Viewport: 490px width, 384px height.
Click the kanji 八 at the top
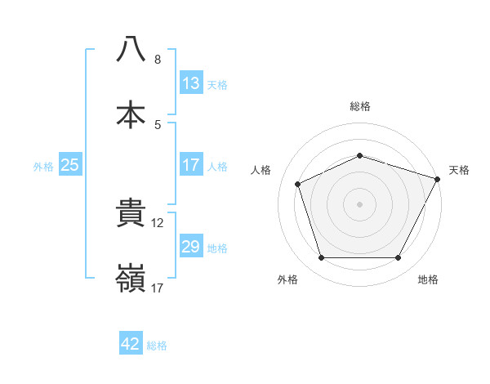click(x=131, y=50)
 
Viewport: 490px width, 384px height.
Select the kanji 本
click(x=131, y=114)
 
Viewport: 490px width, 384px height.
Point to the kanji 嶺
click(x=131, y=279)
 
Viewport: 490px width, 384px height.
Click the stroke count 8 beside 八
click(x=158, y=60)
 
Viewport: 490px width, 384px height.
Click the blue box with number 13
click(x=191, y=83)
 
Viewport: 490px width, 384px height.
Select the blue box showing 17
click(x=191, y=165)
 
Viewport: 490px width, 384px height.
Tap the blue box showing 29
click(x=191, y=247)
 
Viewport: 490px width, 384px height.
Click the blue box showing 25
click(x=70, y=165)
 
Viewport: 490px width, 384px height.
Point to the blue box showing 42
click(x=131, y=344)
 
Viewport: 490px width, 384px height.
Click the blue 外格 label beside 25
click(x=43, y=166)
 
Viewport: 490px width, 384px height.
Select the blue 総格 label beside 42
click(x=157, y=345)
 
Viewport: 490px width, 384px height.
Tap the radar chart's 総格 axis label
click(x=360, y=106)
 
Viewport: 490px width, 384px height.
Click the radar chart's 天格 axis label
click(x=460, y=170)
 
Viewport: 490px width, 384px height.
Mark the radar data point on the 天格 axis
click(x=439, y=178)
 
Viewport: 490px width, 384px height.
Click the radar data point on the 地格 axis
click(x=399, y=258)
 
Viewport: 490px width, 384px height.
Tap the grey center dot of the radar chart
click(x=359, y=203)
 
